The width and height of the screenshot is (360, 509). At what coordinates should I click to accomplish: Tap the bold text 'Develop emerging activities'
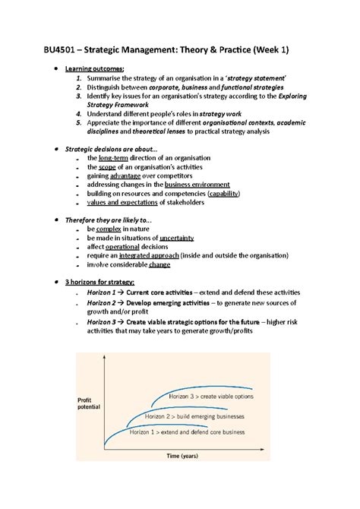[186, 302]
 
